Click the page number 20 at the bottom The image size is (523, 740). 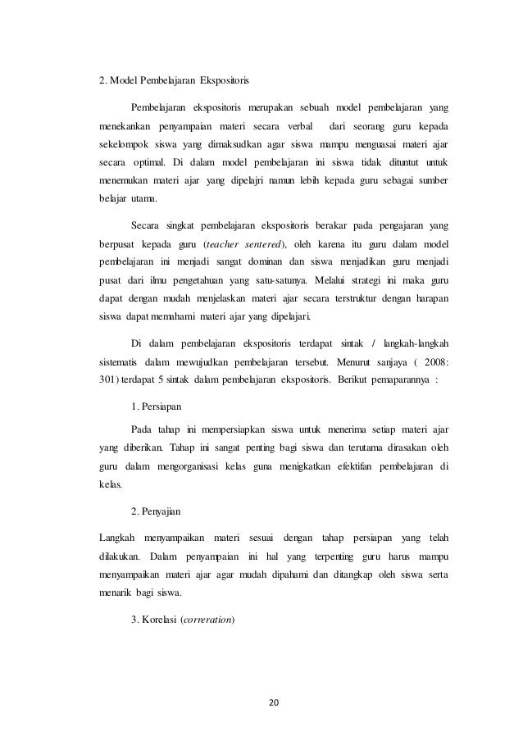261,703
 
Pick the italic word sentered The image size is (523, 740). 265,244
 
